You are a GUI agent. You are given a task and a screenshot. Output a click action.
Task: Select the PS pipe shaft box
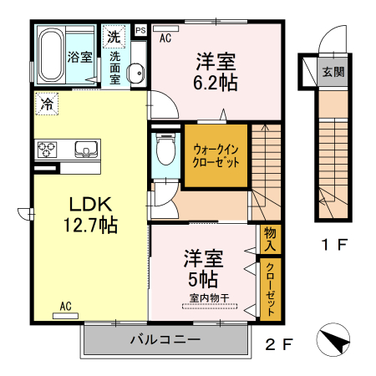[139, 31]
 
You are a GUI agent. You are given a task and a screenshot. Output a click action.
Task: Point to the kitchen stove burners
[45, 150]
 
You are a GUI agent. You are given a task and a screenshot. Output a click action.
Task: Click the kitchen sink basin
[85, 150]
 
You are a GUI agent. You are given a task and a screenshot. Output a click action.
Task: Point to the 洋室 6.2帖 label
[216, 71]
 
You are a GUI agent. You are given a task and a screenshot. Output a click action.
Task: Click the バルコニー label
[165, 340]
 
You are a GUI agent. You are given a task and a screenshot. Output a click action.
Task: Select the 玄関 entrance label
[333, 71]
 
